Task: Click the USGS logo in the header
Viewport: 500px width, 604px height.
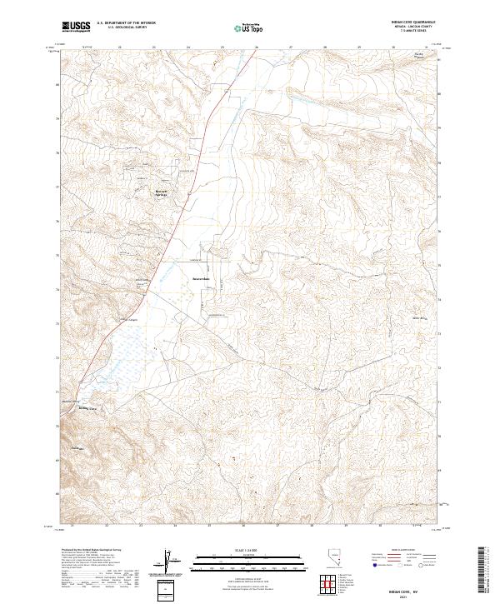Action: (x=76, y=27)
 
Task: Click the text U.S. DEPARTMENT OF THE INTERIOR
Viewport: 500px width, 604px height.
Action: (x=126, y=22)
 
